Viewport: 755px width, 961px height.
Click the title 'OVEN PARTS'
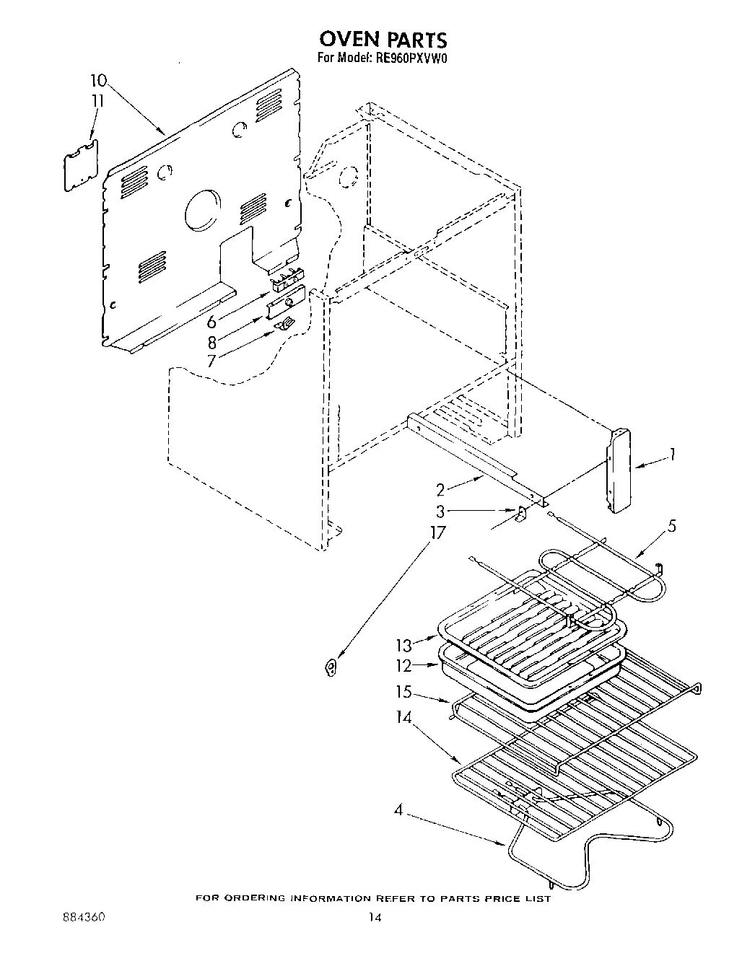(383, 38)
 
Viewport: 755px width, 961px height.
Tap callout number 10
(99, 80)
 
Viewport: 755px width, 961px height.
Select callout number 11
(98, 101)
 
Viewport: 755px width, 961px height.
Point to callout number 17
(437, 533)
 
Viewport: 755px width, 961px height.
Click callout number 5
(671, 526)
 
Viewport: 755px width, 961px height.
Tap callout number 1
(672, 455)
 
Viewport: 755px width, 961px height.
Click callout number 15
(403, 692)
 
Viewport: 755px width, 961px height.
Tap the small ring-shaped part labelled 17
(331, 668)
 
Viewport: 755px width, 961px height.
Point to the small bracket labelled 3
(519, 513)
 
